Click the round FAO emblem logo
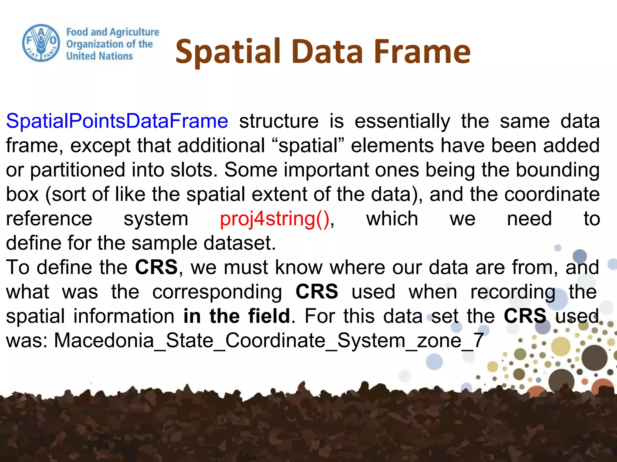click(x=41, y=43)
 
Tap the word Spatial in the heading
click(x=228, y=52)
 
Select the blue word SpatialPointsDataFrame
click(x=117, y=121)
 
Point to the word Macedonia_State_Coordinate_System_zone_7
click(x=269, y=341)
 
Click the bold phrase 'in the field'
click(x=237, y=316)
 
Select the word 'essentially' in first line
click(x=402, y=121)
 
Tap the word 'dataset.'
click(x=240, y=243)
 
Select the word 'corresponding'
click(x=217, y=292)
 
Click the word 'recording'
click(x=513, y=292)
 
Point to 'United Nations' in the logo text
click(x=99, y=56)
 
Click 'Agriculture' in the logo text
click(x=134, y=32)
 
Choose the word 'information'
click(x=124, y=316)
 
